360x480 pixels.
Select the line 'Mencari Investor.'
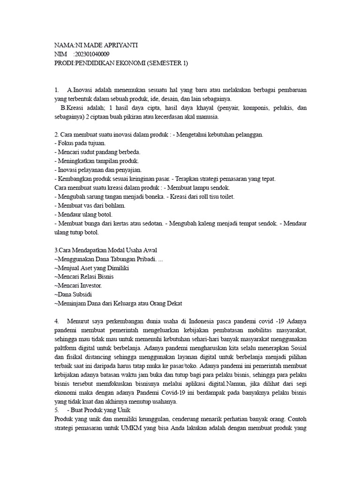point(78,285)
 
